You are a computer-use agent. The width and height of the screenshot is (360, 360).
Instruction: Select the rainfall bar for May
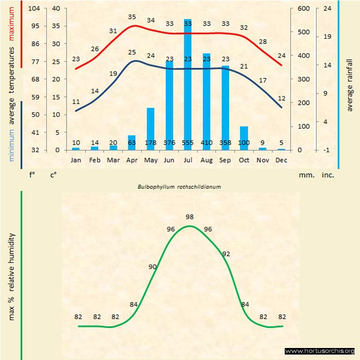(151, 129)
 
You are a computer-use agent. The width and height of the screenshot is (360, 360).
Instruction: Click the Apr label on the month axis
(131, 160)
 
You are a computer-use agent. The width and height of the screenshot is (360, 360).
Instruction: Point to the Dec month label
(281, 160)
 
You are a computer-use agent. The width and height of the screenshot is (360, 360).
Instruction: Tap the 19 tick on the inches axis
(327, 37)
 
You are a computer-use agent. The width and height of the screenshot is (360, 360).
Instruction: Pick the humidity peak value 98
(189, 217)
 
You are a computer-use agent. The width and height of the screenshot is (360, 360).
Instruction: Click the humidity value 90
(153, 267)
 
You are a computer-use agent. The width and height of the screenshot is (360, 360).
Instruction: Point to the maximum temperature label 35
(132, 17)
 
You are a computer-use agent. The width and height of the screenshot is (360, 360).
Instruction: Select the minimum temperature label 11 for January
(76, 101)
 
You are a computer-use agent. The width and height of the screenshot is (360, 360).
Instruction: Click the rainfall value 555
(188, 143)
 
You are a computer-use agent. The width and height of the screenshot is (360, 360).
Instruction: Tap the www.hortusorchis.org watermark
(320, 351)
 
